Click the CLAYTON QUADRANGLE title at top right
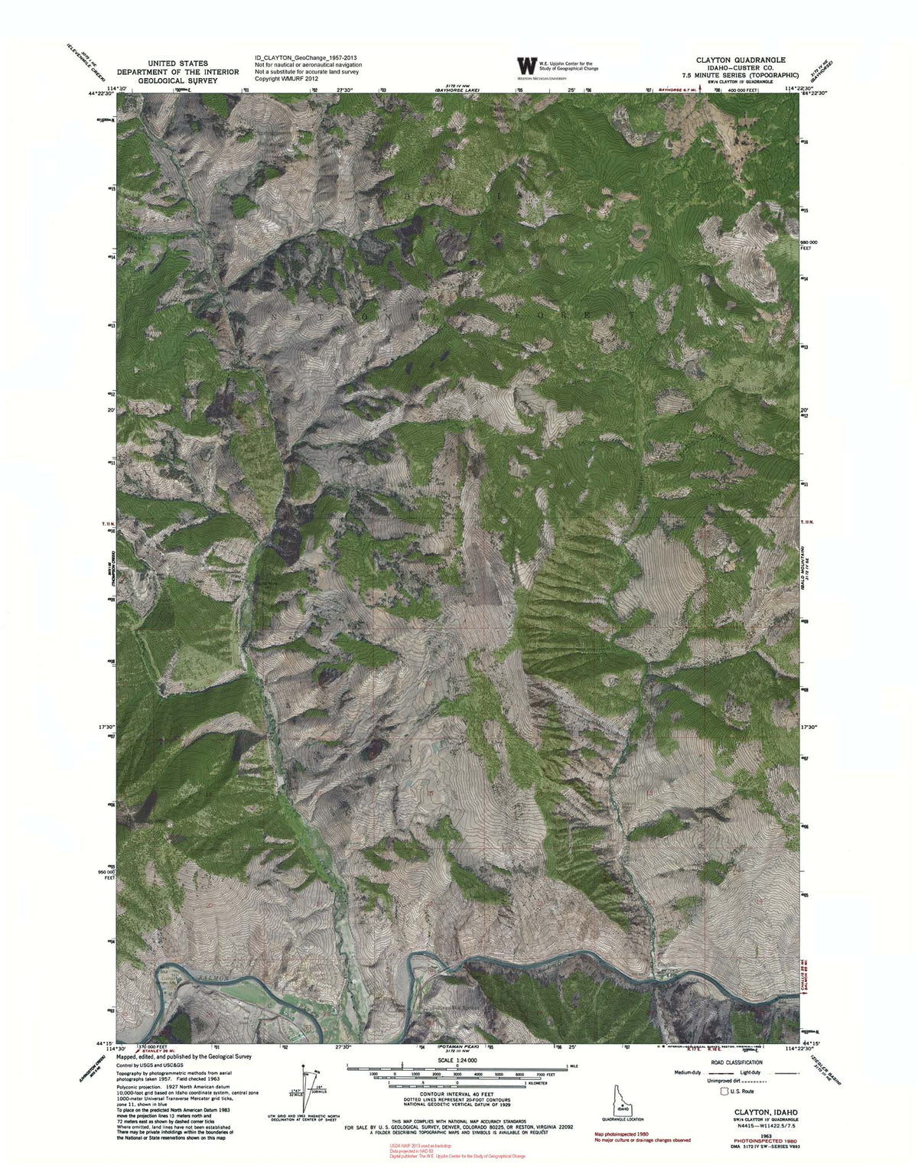pos(740,59)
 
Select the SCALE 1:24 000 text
pos(456,1060)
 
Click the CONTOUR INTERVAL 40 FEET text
pos(457,1096)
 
